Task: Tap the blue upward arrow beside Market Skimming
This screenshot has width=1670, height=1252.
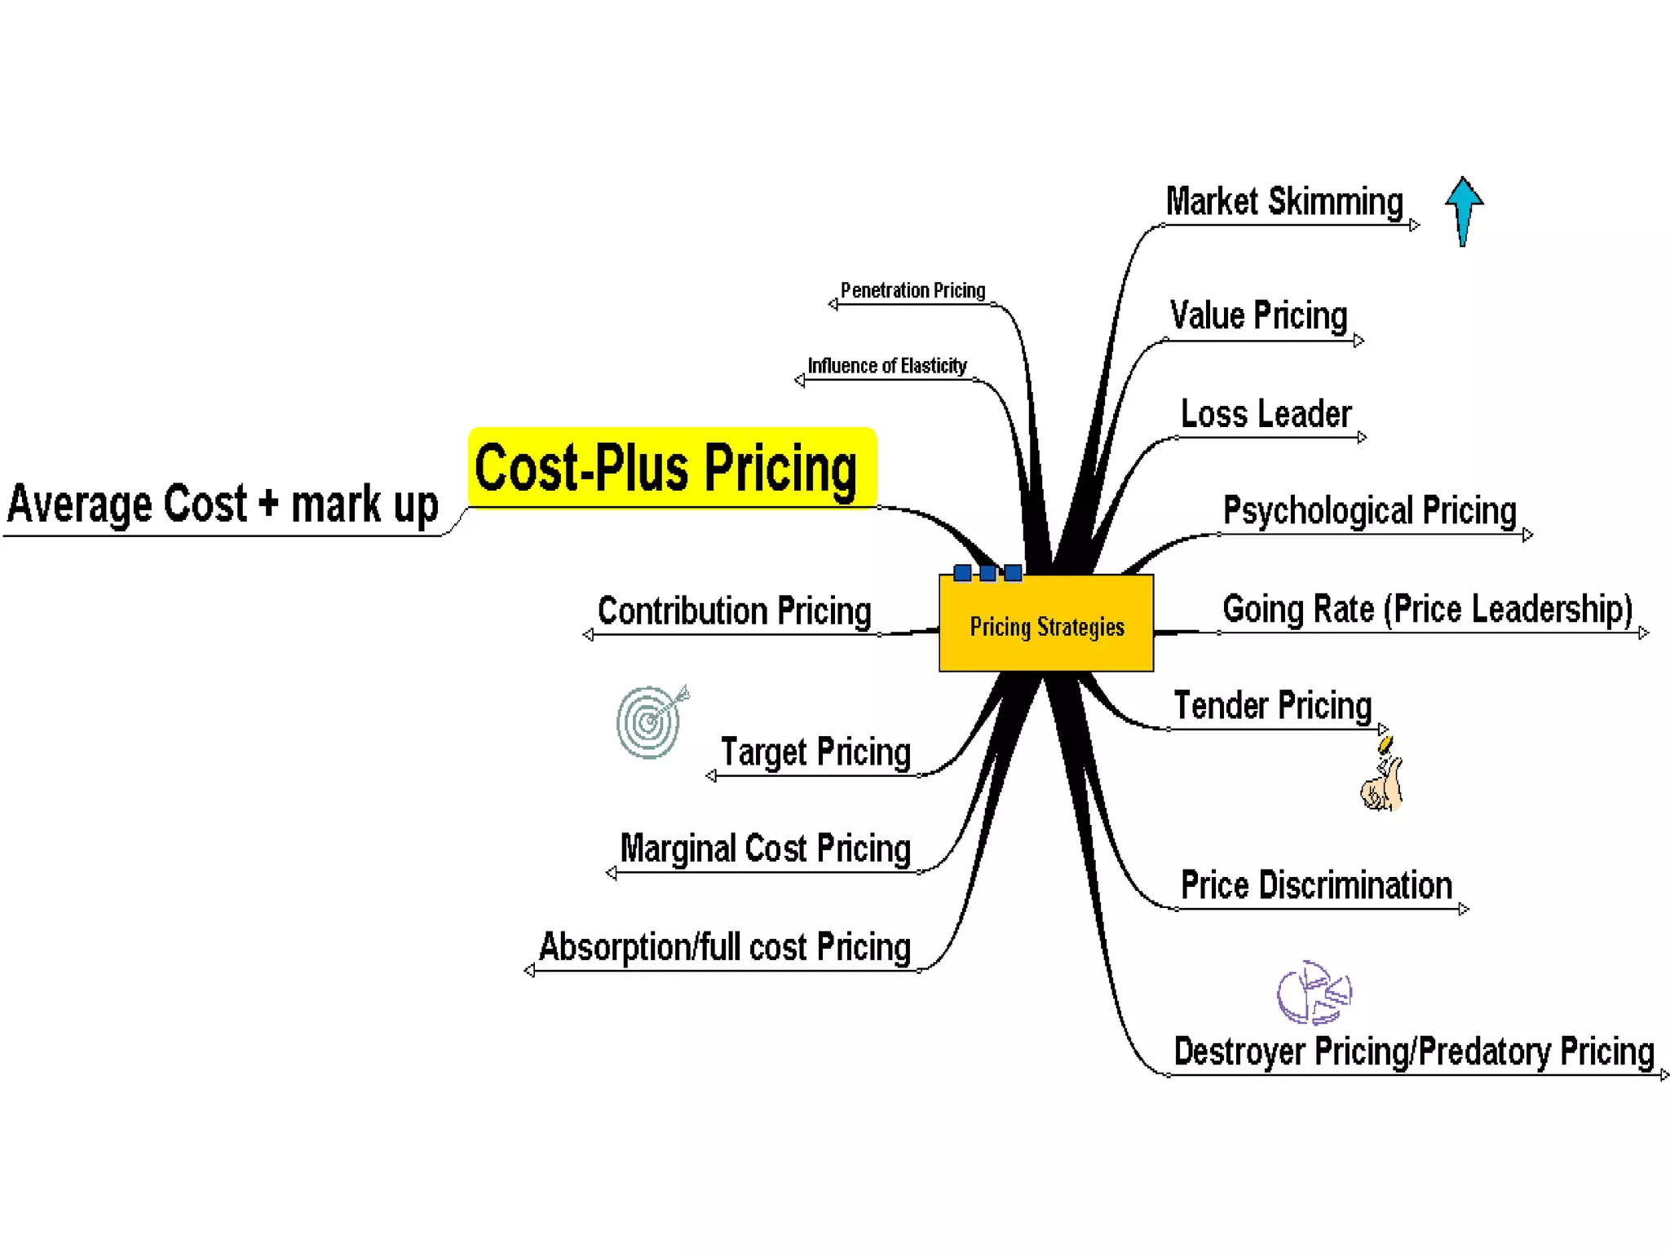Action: [x=1464, y=209]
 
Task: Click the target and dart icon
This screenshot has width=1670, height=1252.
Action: [x=651, y=721]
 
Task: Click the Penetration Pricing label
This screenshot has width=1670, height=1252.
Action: [x=912, y=290]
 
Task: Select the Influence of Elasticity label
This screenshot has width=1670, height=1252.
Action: [x=887, y=365]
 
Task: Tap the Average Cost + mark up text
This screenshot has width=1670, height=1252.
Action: [x=223, y=504]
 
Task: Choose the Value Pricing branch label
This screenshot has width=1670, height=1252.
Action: [x=1258, y=315]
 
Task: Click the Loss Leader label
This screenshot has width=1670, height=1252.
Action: [x=1266, y=414]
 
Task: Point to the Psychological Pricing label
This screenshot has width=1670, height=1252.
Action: [x=1369, y=511]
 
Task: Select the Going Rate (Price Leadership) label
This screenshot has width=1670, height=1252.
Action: [x=1427, y=609]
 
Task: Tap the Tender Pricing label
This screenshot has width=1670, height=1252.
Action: [x=1272, y=705]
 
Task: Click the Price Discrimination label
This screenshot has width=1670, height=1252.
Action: [x=1316, y=885]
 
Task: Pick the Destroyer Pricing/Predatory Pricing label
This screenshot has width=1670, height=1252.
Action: [x=1413, y=1051]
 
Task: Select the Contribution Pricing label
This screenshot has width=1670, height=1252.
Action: [x=734, y=611]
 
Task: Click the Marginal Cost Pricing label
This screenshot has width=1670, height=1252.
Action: [x=765, y=849]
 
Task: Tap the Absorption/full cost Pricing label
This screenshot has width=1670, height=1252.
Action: [x=724, y=947]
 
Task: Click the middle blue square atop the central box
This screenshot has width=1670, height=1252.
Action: [x=987, y=573]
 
